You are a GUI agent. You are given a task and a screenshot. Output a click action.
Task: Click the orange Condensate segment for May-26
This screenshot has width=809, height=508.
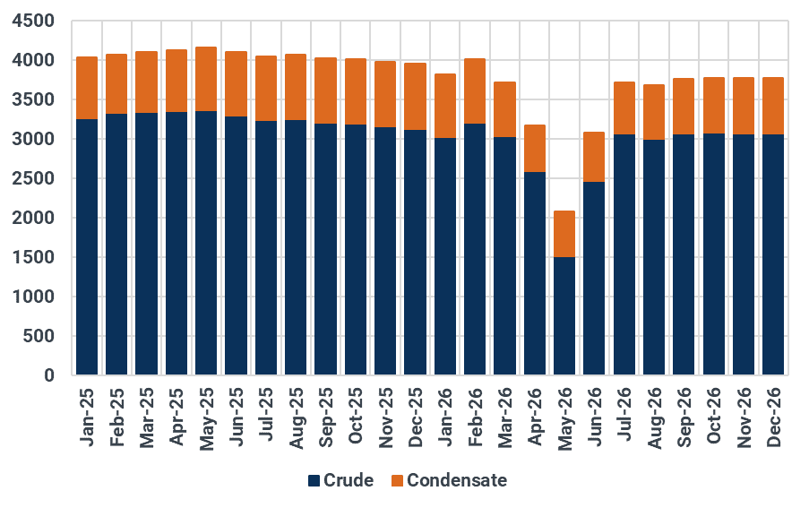564,234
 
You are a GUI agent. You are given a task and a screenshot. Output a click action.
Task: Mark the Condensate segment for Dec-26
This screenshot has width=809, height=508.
773,106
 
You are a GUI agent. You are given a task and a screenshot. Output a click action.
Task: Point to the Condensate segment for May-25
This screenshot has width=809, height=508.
206,79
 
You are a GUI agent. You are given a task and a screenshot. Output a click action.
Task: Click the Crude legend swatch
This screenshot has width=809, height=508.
314,481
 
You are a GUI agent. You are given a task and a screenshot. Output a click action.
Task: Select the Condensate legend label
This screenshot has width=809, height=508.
457,481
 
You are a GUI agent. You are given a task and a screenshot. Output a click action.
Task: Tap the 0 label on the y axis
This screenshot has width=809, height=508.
50,375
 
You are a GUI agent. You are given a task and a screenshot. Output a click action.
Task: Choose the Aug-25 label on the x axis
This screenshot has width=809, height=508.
297,415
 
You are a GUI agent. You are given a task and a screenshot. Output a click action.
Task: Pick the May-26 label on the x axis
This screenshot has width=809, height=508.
565,415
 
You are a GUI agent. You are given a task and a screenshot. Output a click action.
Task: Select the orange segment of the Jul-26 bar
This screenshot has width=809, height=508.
624,108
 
